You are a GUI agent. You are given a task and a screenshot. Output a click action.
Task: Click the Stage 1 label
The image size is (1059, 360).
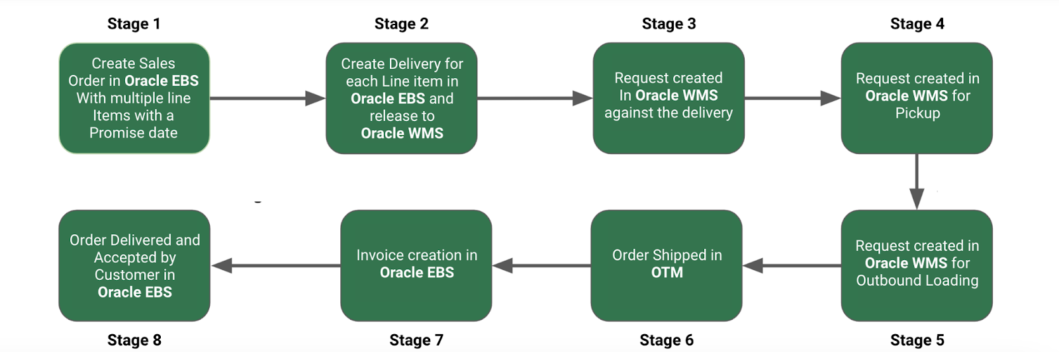134,24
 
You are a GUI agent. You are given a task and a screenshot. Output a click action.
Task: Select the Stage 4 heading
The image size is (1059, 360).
917,24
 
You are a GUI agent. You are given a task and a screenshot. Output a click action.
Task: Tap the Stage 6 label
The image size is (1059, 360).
667,340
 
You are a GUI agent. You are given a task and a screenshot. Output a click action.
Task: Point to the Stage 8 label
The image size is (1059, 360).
134,340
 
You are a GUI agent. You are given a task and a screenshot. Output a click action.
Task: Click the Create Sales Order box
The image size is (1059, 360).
134,98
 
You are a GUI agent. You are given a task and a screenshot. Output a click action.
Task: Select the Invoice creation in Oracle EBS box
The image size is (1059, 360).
416,265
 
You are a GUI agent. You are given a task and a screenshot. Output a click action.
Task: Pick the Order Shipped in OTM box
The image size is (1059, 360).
667,265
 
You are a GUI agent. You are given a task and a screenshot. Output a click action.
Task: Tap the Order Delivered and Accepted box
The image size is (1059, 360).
134,265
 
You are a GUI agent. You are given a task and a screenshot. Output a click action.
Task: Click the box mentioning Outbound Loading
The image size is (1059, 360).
917,265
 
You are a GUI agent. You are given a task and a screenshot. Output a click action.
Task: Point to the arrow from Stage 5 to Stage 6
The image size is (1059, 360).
792,266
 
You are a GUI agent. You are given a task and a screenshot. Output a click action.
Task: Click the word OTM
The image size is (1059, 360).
667,273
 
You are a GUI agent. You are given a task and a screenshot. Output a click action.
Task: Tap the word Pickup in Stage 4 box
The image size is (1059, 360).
917,113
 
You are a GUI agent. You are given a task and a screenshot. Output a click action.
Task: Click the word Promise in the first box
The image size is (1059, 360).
116,133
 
